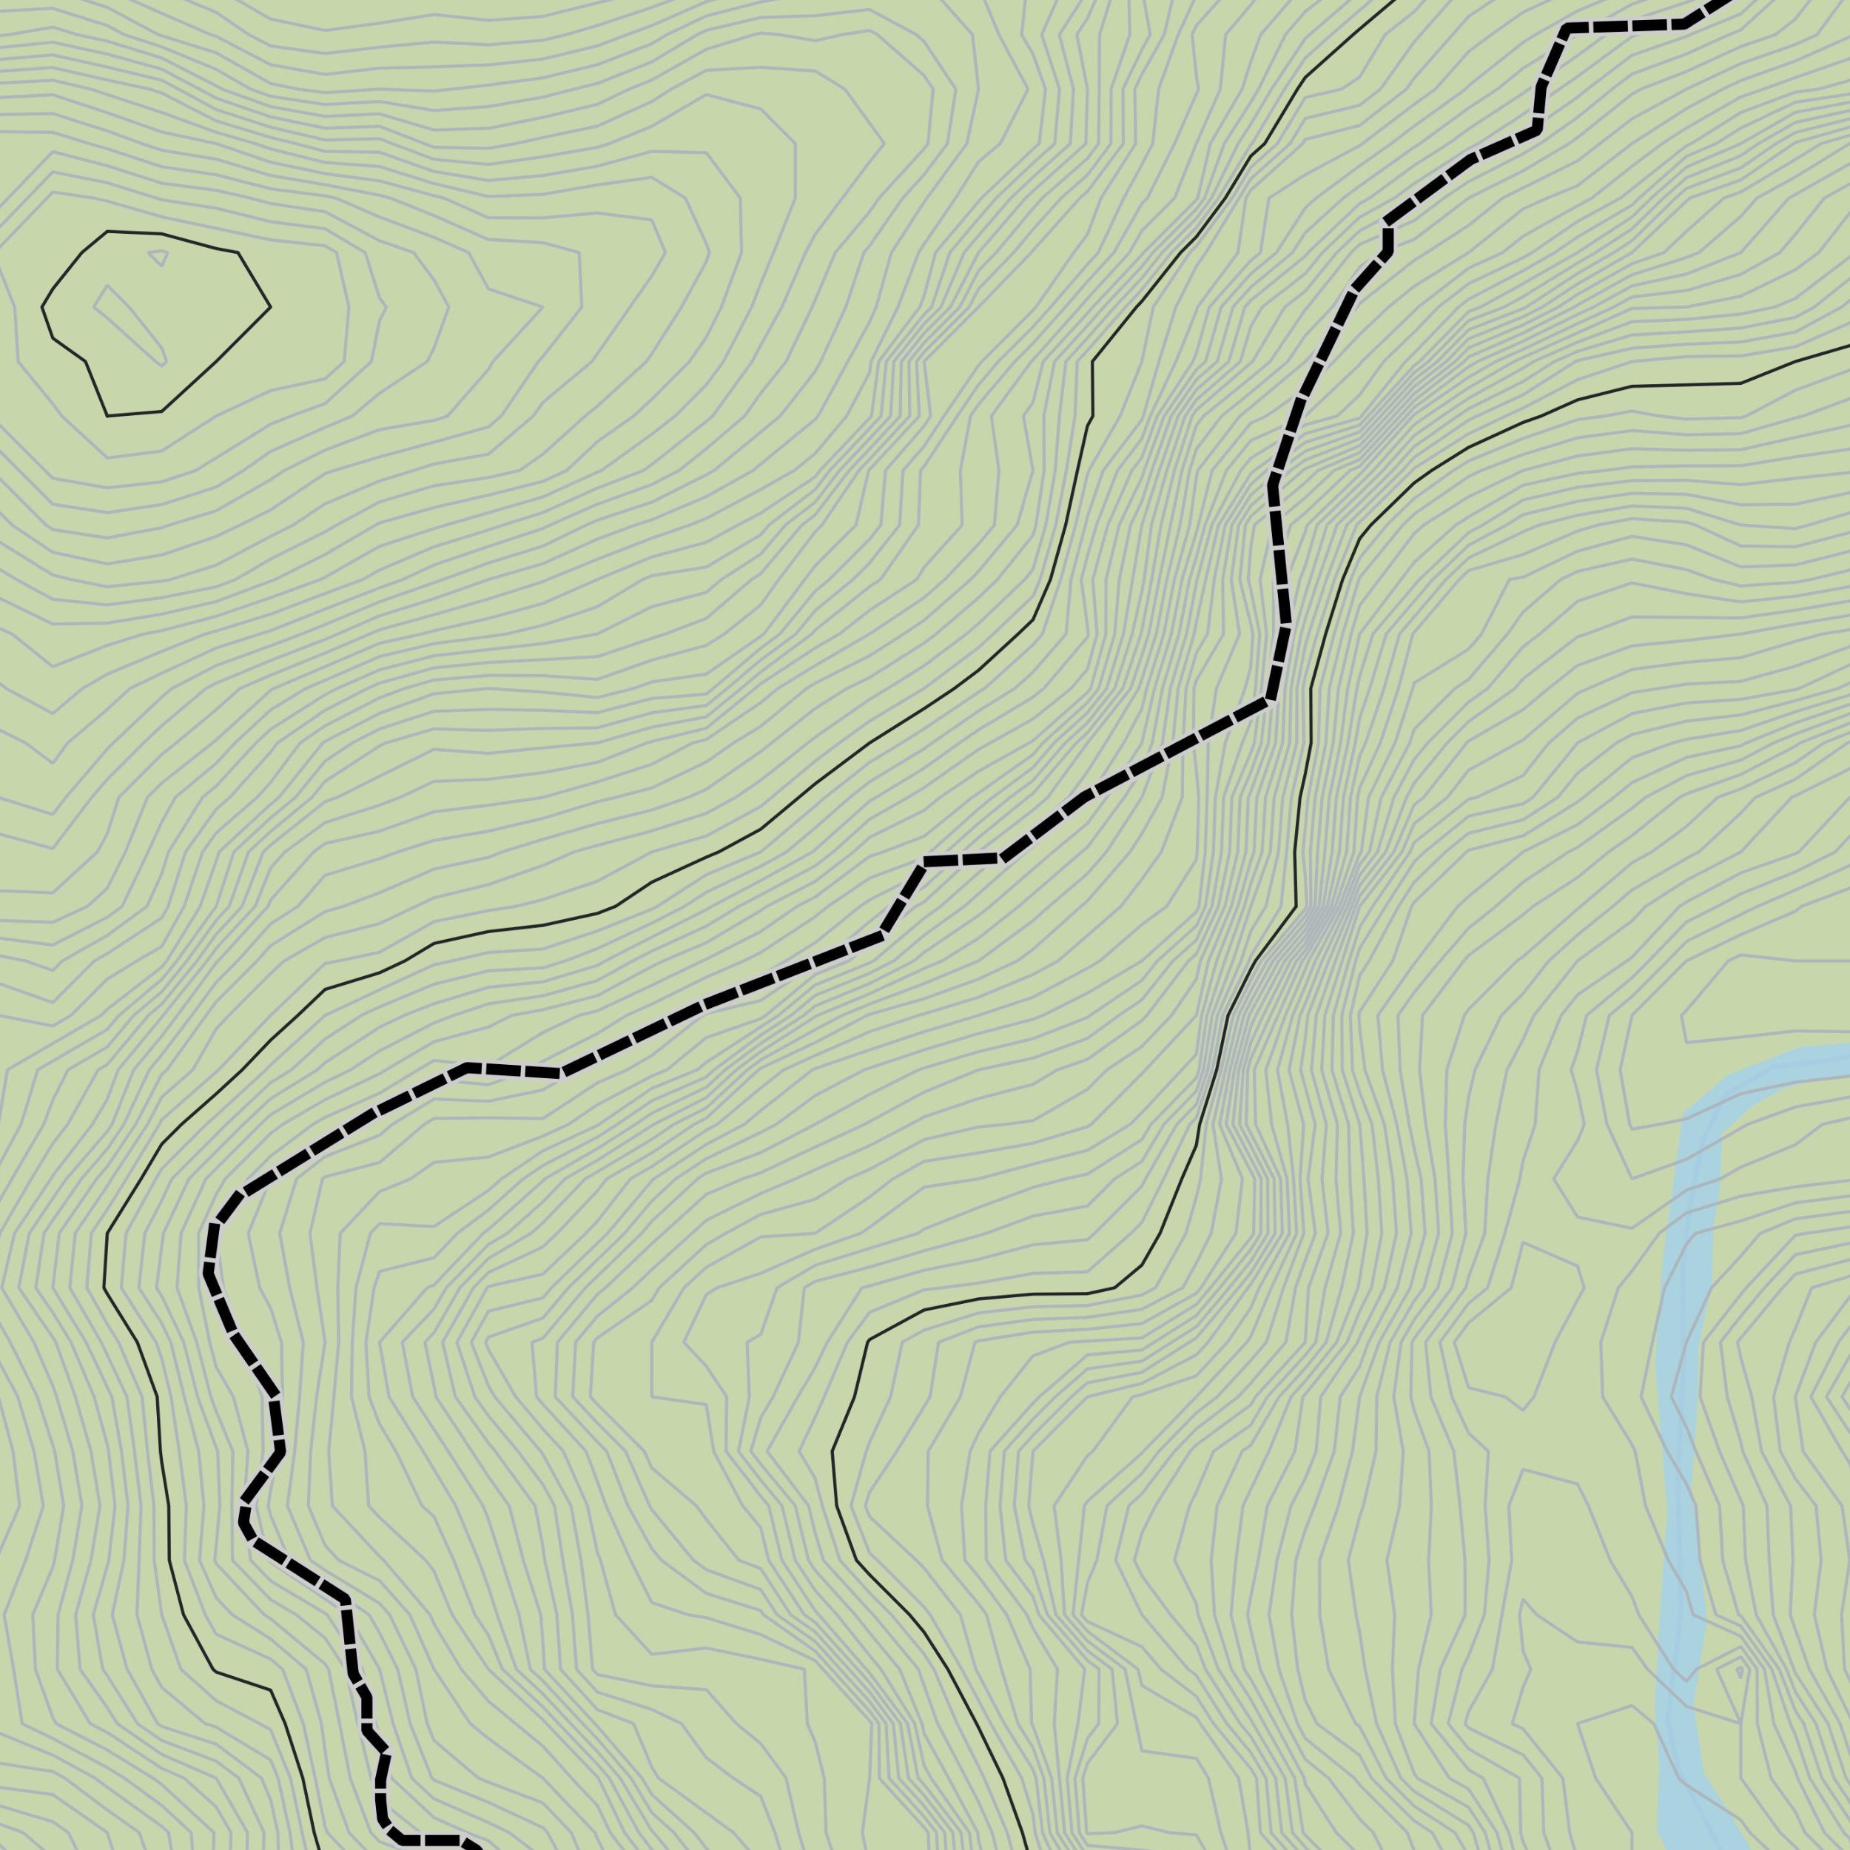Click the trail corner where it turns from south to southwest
click(1270, 701)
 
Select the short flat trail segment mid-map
click(961, 860)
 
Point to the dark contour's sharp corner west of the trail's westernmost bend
click(105, 1288)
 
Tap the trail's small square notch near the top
click(1387, 239)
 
